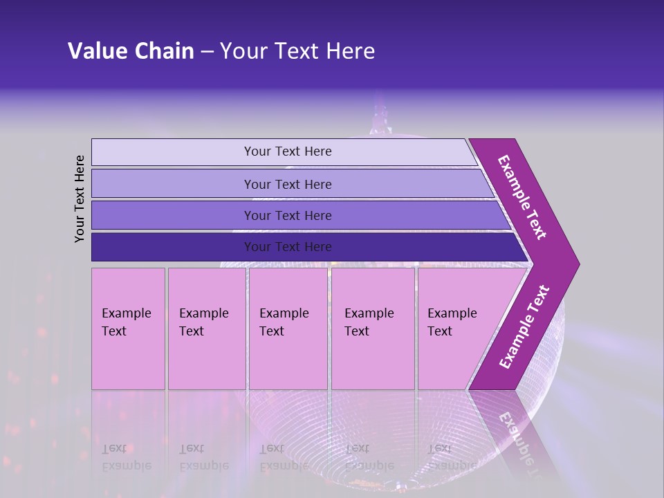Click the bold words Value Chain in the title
pos(131,51)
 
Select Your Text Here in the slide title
pos(297,51)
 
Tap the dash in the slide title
pos(207,52)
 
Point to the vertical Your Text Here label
pos(80,199)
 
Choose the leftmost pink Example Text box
pos(128,328)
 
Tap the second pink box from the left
pos(206,328)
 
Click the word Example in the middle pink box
pos(284,313)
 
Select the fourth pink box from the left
pos(372,328)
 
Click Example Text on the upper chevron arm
pos(522,197)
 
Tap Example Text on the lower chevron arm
pos(524,327)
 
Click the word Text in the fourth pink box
pos(357,331)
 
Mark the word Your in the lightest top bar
pos(256,151)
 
